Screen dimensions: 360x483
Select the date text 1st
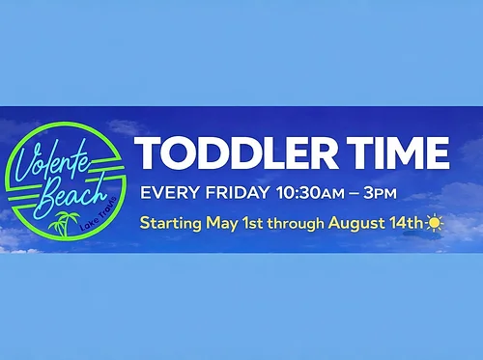click(255, 223)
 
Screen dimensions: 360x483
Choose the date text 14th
click(409, 223)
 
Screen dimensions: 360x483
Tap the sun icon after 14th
click(435, 223)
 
